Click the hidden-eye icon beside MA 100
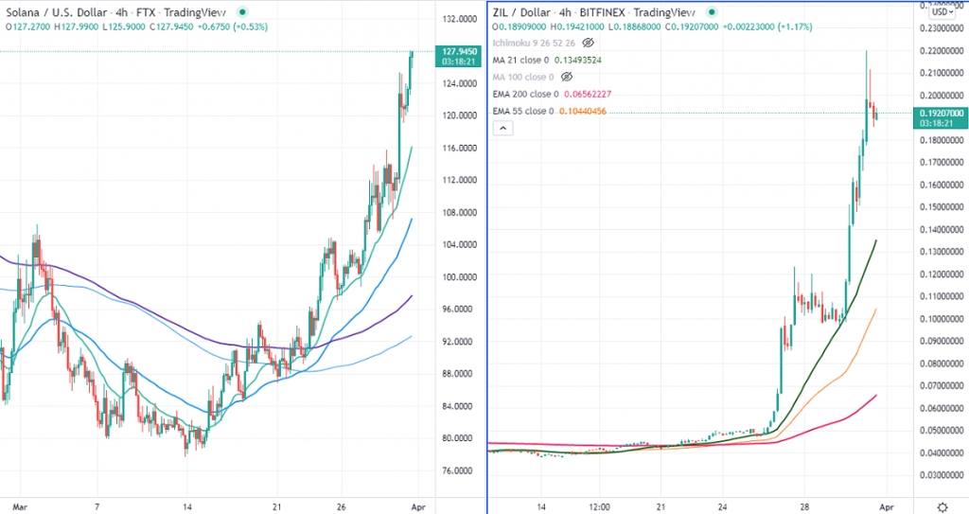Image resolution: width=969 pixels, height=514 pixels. [x=567, y=77]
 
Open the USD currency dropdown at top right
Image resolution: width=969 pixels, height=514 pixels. [x=940, y=11]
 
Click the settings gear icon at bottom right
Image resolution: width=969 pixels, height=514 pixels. [x=943, y=505]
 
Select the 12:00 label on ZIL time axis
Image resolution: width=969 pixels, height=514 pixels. [x=599, y=505]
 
